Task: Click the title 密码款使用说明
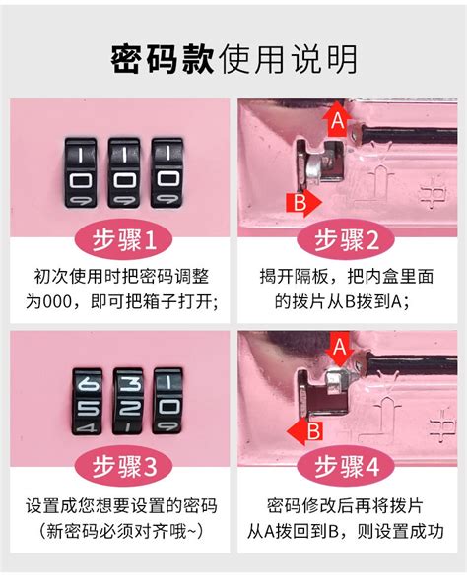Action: pos(233,59)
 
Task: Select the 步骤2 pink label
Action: pos(350,239)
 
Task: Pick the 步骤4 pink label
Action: pos(350,466)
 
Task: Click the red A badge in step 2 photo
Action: pos(337,120)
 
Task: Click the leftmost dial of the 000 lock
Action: pos(81,172)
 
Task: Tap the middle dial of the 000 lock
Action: pos(124,172)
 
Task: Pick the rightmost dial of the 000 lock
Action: pos(167,172)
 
